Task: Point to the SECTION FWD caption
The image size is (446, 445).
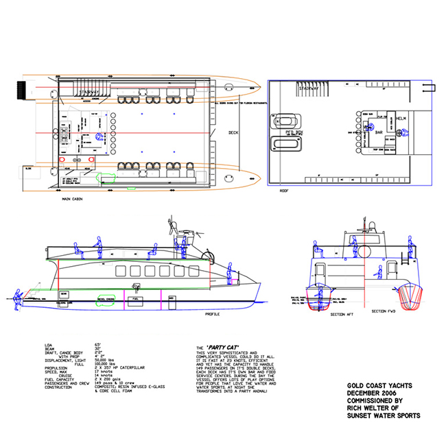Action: click(x=383, y=311)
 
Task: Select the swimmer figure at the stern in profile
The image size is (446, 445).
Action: click(x=15, y=296)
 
